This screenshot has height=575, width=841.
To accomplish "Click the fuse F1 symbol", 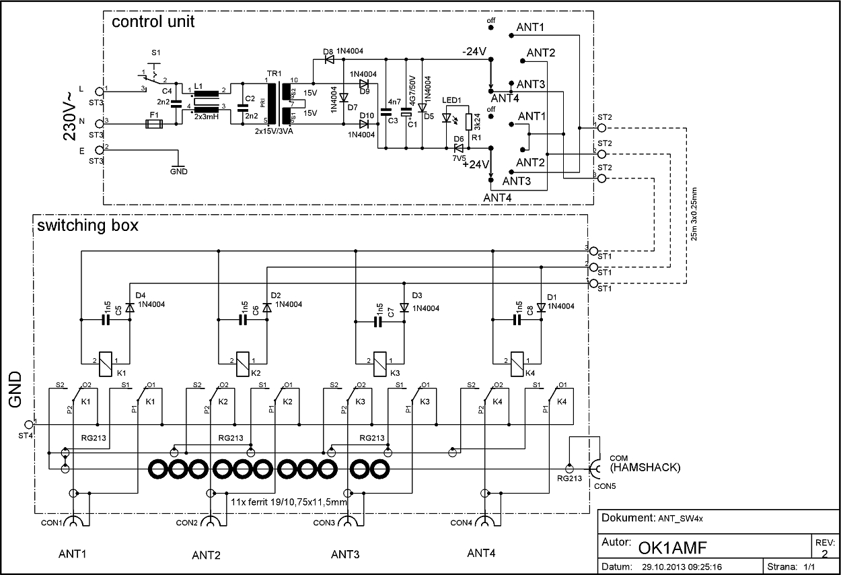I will click(x=154, y=124).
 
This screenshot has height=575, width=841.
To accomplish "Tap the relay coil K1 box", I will click(x=105, y=364).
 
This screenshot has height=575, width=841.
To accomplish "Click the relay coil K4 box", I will click(x=517, y=364).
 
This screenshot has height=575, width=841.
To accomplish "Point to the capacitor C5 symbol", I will click(x=105, y=321).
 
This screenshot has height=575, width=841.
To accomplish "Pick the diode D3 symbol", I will click(x=404, y=307).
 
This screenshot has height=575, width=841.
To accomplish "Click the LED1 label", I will click(x=452, y=100).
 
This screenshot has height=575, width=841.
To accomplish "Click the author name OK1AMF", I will click(x=673, y=545).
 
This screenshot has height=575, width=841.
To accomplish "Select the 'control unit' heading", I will click(x=153, y=22).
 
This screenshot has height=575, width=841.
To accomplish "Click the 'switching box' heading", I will click(x=87, y=226).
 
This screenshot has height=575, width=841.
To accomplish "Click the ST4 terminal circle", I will click(x=28, y=424).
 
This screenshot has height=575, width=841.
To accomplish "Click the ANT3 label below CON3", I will click(x=345, y=554).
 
